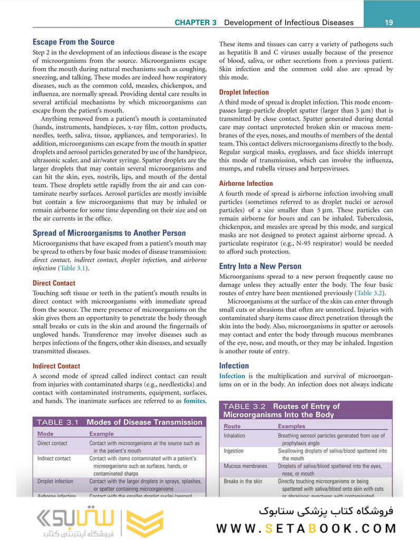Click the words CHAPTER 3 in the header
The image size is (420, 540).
pyautogui.click(x=196, y=23)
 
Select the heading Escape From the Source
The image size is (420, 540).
pyautogui.click(x=73, y=42)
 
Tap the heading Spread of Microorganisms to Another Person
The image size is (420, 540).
pyautogui.click(x=109, y=233)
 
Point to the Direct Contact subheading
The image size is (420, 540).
pyautogui.click(x=54, y=283)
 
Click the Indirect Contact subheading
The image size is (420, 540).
pyautogui.click(x=56, y=366)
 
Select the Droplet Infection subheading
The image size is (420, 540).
pyautogui.click(x=243, y=92)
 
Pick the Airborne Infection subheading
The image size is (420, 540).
pyautogui.click(x=246, y=183)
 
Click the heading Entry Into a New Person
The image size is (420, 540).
pyautogui.click(x=260, y=266)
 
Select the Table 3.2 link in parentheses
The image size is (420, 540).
pyautogui.click(x=370, y=293)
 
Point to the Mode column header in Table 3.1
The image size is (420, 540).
pyautogui.click(x=45, y=434)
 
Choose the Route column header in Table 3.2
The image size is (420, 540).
pyautogui.click(x=232, y=426)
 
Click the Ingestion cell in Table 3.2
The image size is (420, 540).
pyautogui.click(x=233, y=451)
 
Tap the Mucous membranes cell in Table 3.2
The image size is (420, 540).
pyautogui.click(x=245, y=466)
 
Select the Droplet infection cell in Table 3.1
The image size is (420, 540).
pyautogui.click(x=55, y=481)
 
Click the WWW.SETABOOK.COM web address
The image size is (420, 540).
pyautogui.click(x=306, y=528)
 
